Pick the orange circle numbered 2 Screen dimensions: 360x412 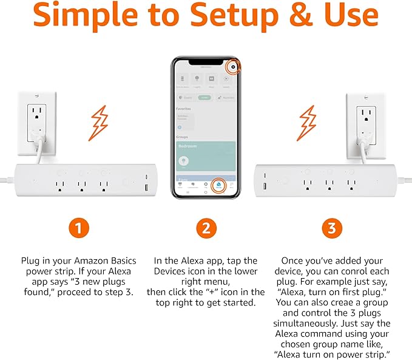206,229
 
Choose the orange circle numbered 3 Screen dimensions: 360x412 331,229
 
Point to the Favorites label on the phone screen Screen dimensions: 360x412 184,109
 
